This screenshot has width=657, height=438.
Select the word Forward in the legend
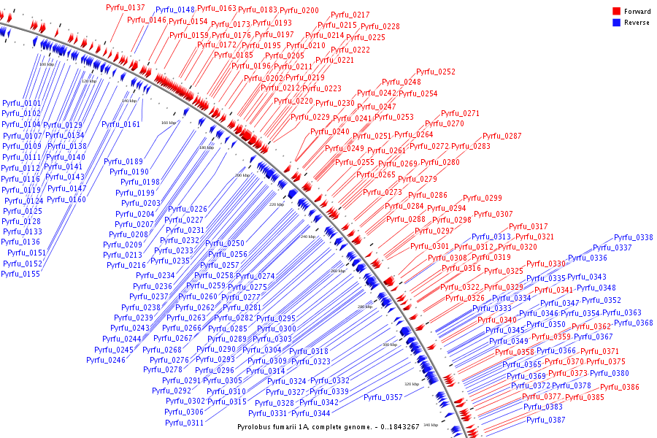[x=637, y=12]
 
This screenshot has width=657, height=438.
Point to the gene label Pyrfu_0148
[x=174, y=10]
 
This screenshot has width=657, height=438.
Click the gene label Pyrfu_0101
[x=21, y=104]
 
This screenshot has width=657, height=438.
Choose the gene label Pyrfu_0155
[x=20, y=274]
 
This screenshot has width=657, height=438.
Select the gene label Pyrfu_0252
[x=436, y=72]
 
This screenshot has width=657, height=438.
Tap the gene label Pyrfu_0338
[x=633, y=237]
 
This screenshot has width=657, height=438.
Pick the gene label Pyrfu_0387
[x=545, y=420]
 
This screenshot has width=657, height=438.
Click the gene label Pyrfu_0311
[x=184, y=423]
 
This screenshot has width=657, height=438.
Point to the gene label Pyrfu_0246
[x=106, y=360]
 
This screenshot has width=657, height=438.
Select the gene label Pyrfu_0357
[x=383, y=398]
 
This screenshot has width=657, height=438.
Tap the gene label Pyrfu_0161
[x=121, y=124]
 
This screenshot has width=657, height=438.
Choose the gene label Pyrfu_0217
[x=350, y=15]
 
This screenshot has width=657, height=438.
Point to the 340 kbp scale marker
[x=430, y=424]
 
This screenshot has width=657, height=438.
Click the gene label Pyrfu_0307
[x=493, y=215]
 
